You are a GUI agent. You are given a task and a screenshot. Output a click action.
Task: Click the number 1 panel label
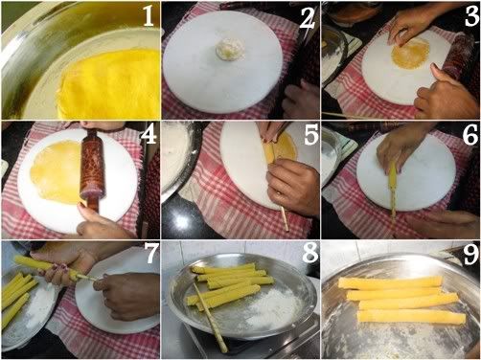pyautogui.click(x=148, y=16)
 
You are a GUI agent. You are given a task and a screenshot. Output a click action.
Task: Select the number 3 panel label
pyautogui.click(x=471, y=16)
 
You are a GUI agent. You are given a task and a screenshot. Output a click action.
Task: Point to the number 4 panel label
pyautogui.click(x=149, y=135)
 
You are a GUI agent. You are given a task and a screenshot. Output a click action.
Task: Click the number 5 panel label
pyautogui.click(x=310, y=135)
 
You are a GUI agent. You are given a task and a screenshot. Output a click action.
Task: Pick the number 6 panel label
pyautogui.click(x=470, y=135)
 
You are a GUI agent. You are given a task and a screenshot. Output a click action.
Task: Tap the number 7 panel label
pyautogui.click(x=151, y=253)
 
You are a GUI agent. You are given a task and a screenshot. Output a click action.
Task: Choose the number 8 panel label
pyautogui.click(x=309, y=253)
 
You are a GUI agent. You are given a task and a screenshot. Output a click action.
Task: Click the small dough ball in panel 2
pyautogui.click(x=226, y=50)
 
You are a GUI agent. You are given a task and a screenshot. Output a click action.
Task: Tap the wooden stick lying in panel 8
pyautogui.click(x=210, y=318)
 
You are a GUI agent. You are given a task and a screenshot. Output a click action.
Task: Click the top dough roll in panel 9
pyautogui.click(x=390, y=282)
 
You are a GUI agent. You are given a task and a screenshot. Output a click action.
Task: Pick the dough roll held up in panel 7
pyautogui.click(x=46, y=267)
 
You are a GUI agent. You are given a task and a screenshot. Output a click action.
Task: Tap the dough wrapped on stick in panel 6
pyautogui.click(x=392, y=185)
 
